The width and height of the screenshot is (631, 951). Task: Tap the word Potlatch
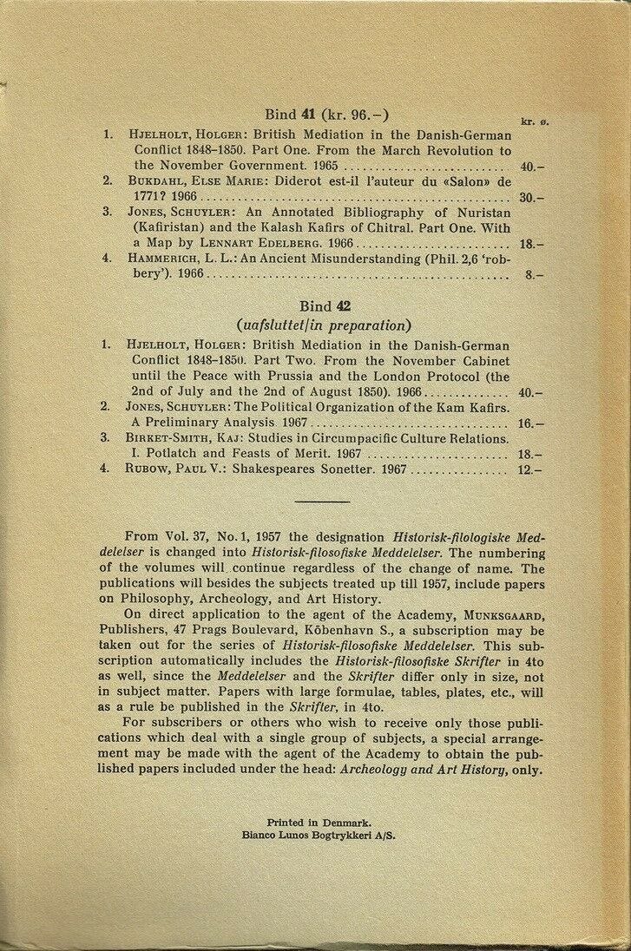pyautogui.click(x=169, y=454)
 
